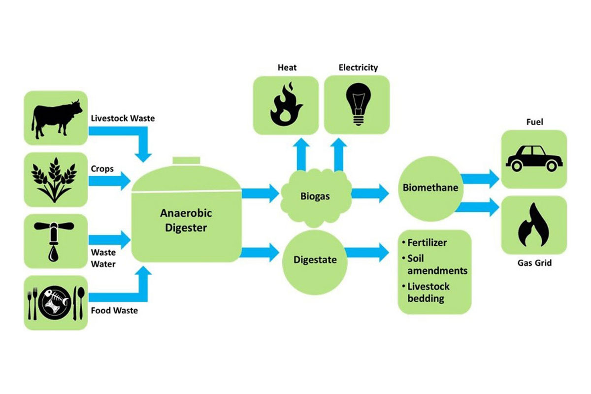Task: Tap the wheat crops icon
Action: coord(55,178)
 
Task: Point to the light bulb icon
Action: coord(357,104)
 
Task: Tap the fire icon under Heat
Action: coord(285,105)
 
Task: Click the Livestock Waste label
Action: coord(123,118)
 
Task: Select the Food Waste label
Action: coord(114,310)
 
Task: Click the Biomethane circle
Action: coord(430,188)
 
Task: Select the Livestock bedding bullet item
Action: coord(427,292)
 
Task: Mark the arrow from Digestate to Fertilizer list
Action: coord(366,253)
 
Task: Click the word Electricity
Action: coord(358,67)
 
